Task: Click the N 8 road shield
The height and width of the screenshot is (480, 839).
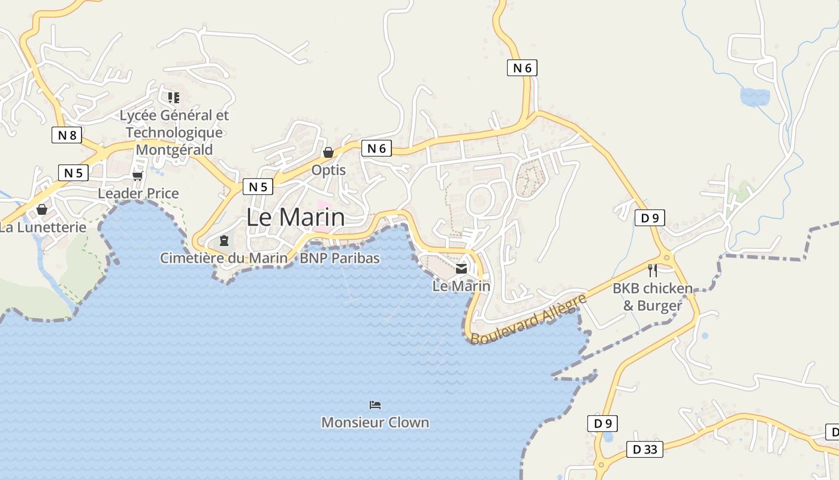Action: click(67, 135)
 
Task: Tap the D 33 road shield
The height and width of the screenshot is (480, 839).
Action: click(645, 449)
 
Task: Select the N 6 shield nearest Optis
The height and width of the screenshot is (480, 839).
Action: click(376, 148)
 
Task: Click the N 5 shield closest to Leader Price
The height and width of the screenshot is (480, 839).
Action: click(73, 173)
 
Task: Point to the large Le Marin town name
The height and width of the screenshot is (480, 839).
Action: click(295, 217)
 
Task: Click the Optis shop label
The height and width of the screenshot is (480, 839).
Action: click(328, 170)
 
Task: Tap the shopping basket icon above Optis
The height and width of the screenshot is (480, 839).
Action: click(328, 152)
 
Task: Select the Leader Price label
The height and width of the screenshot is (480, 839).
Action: click(138, 193)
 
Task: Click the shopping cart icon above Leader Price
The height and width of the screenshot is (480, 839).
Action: click(138, 176)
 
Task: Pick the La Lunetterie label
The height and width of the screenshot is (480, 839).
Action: click(43, 227)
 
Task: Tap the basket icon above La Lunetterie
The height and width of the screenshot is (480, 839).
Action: click(42, 209)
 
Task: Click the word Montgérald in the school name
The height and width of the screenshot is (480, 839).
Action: click(174, 149)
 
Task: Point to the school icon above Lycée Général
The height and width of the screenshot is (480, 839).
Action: click(174, 97)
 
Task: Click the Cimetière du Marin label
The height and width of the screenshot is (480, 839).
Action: click(224, 258)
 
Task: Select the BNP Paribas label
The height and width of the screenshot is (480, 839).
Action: click(340, 258)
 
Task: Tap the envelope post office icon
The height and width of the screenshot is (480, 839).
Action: click(461, 269)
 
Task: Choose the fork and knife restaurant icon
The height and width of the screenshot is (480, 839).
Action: click(653, 271)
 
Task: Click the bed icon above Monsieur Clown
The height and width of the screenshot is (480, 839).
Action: click(375, 405)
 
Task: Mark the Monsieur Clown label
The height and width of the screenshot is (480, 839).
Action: click(375, 422)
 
